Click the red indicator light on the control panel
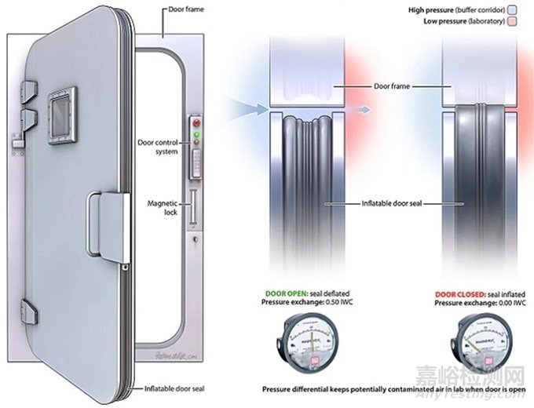click(x=196, y=124)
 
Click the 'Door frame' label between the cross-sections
click(x=393, y=86)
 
